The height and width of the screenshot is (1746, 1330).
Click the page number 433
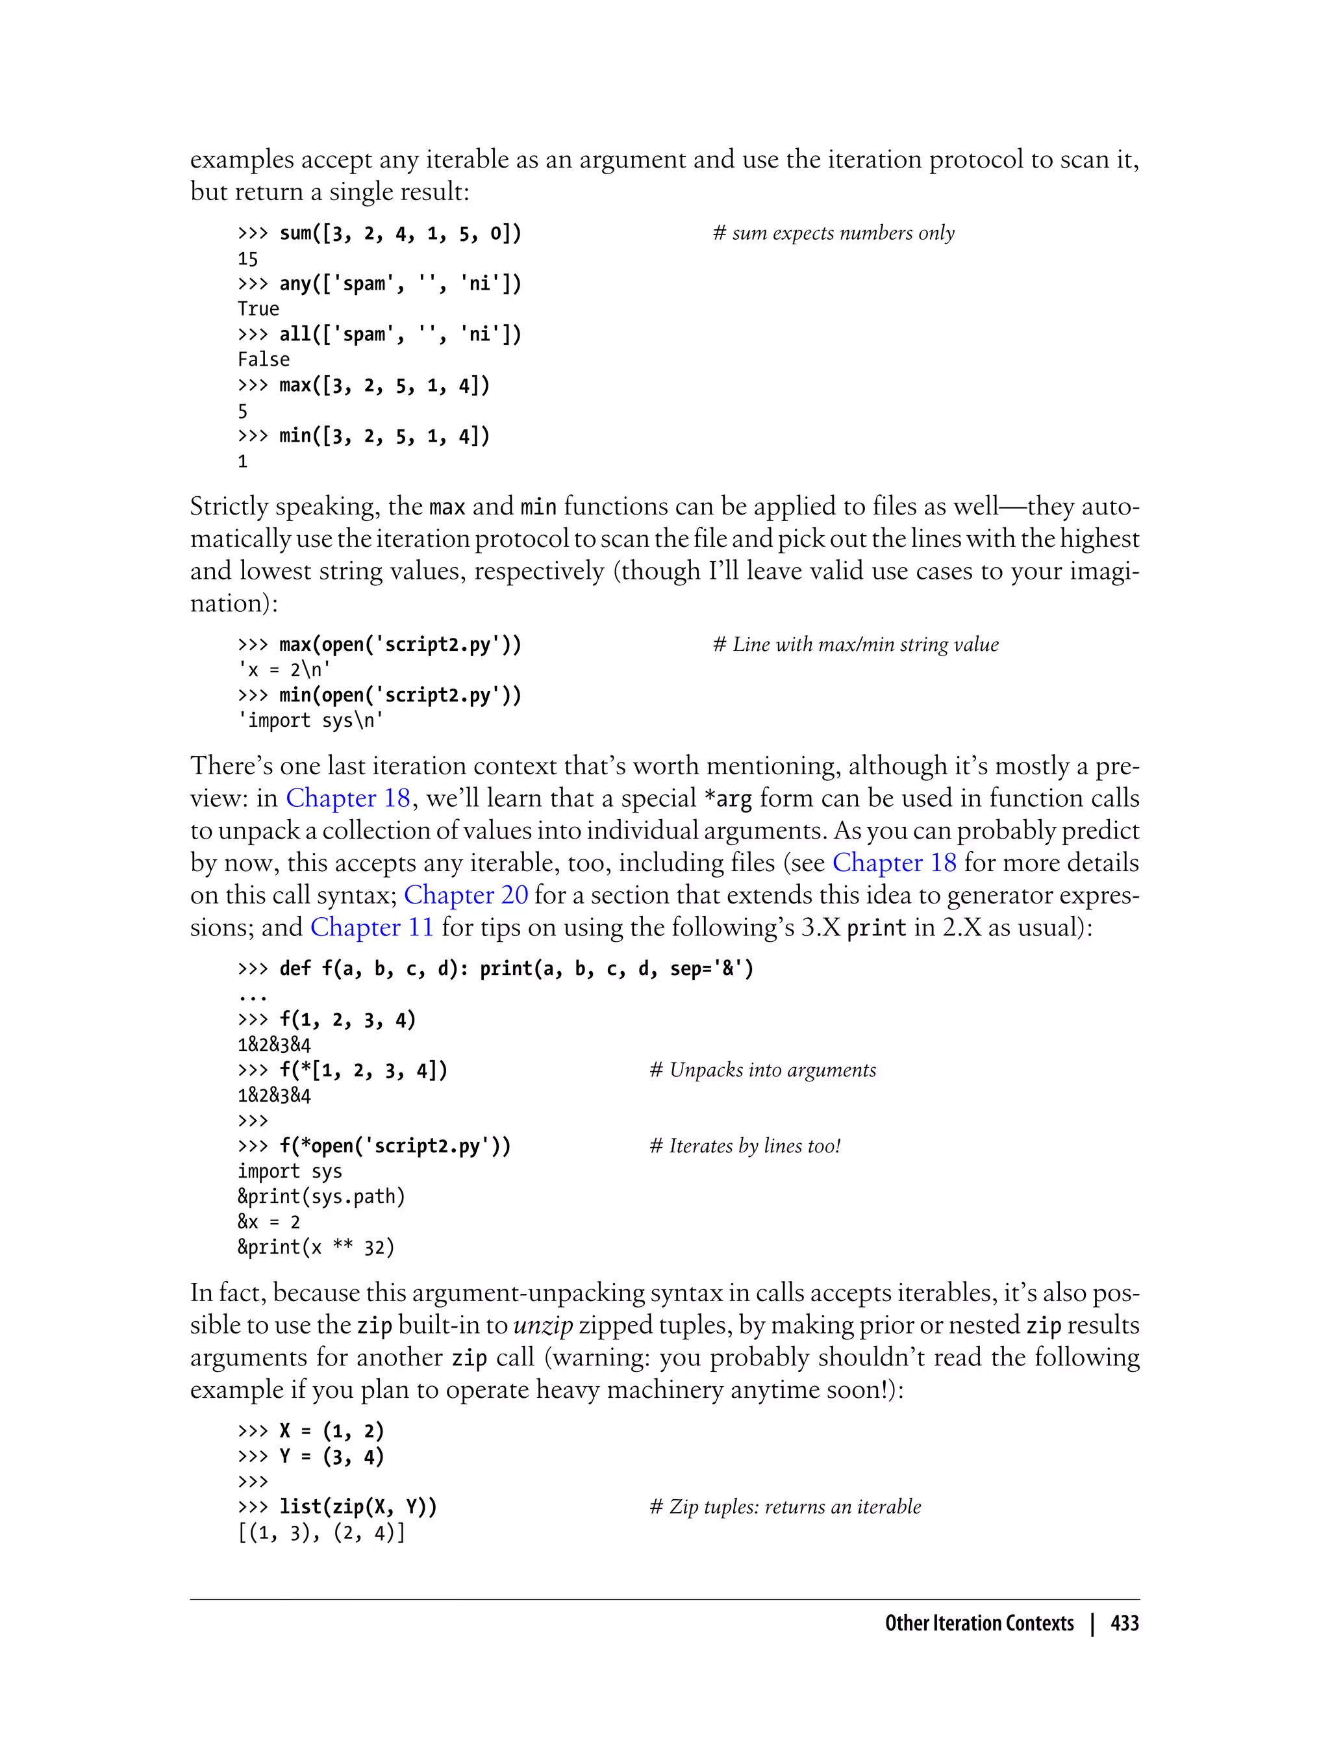pyautogui.click(x=1124, y=1623)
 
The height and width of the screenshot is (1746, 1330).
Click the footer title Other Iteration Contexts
pyautogui.click(x=979, y=1623)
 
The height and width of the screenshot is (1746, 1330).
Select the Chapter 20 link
pyautogui.click(x=466, y=895)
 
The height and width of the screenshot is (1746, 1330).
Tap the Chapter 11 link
pyautogui.click(x=371, y=928)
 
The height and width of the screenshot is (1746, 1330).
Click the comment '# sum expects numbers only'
pyautogui.click(x=834, y=233)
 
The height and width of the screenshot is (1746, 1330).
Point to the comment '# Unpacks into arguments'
pyautogui.click(x=762, y=1070)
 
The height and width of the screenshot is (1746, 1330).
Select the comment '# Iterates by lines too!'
pyautogui.click(x=744, y=1146)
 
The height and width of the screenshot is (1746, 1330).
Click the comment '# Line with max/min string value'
pyautogui.click(x=855, y=644)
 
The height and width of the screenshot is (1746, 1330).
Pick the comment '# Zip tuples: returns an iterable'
pyautogui.click(x=784, y=1507)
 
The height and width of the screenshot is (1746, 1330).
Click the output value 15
pyautogui.click(x=248, y=259)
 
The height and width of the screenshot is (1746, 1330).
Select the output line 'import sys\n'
pyautogui.click(x=310, y=720)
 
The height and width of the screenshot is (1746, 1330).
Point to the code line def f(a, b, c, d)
pyautogui.click(x=496, y=968)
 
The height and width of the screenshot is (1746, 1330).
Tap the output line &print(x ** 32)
pyautogui.click(x=316, y=1247)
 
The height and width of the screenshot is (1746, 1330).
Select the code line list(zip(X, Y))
pyautogui.click(x=337, y=1507)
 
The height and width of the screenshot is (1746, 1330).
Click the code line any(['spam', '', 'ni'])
pyautogui.click(x=379, y=283)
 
